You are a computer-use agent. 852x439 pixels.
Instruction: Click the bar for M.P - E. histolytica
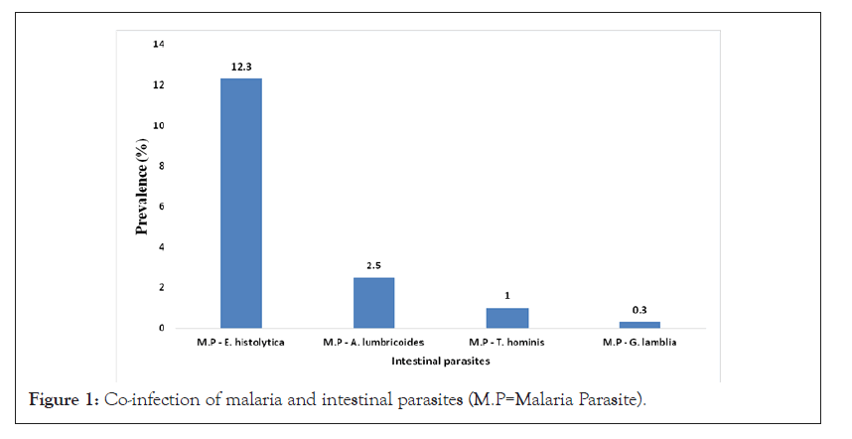tap(241, 203)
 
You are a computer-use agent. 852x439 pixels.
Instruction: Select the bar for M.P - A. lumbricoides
tap(374, 303)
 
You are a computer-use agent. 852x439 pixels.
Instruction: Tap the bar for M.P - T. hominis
tap(507, 318)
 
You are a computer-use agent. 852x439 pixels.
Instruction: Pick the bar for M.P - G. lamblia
tap(639, 325)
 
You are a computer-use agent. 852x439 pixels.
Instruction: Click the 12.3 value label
tap(241, 65)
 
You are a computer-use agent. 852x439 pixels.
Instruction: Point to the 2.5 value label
tap(374, 264)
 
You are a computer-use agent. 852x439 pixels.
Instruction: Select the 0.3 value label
tap(639, 309)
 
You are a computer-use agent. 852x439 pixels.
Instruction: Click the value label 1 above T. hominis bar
tap(507, 295)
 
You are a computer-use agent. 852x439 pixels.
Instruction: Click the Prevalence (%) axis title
tap(141, 188)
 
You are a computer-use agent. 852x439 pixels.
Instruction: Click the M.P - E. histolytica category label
tap(241, 343)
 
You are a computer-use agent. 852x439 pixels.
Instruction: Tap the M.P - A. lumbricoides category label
tap(374, 343)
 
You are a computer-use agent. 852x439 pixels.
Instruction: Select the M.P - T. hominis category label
tap(507, 343)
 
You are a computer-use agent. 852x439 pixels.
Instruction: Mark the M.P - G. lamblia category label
tap(639, 343)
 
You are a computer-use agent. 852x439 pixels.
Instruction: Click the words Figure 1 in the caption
tap(66, 399)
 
